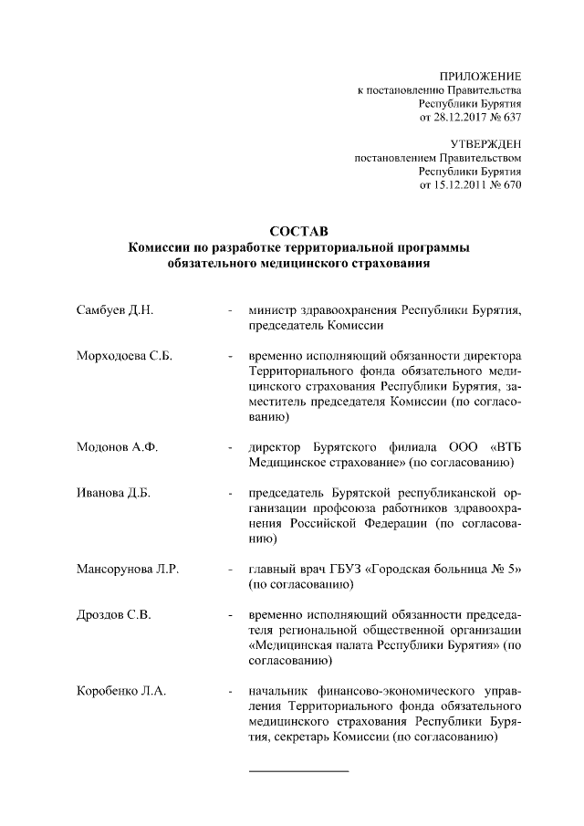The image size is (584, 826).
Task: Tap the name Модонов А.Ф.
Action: (x=118, y=447)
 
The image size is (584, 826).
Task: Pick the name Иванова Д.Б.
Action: (x=113, y=493)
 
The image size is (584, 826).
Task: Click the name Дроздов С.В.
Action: (x=114, y=614)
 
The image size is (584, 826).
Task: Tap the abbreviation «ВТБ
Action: (x=506, y=447)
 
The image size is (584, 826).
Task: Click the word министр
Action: (x=276, y=310)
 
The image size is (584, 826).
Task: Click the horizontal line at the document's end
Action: (x=298, y=771)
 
